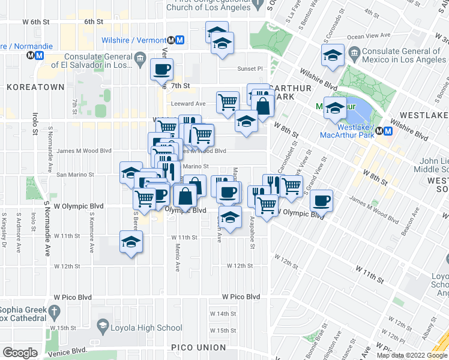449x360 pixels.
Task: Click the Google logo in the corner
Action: [20, 352]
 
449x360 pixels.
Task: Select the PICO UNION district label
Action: [198, 347]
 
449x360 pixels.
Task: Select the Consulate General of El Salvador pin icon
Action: [140, 59]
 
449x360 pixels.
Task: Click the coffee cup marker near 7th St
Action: [162, 70]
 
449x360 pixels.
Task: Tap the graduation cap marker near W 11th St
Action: [131, 242]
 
